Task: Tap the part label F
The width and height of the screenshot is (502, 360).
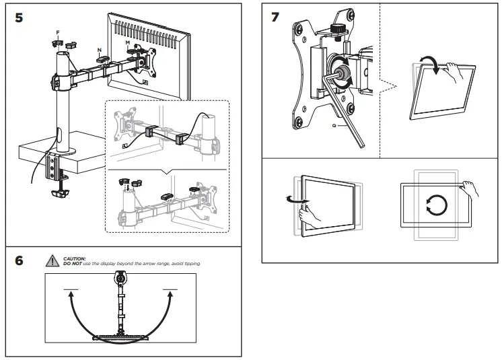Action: [x=58, y=32]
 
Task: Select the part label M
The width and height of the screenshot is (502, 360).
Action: [x=128, y=41]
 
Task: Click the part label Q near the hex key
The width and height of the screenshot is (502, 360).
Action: [x=334, y=124]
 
